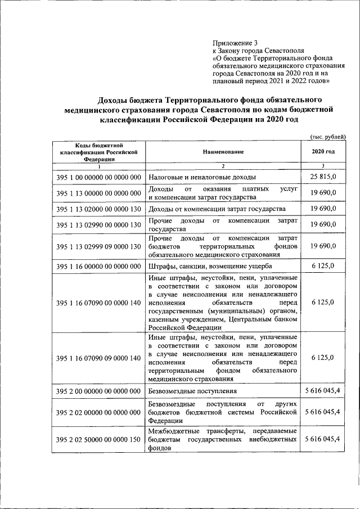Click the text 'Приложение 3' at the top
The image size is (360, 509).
point(235,43)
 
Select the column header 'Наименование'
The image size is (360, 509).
point(223,152)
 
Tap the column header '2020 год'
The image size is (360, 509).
point(322,152)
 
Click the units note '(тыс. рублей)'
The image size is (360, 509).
point(327,137)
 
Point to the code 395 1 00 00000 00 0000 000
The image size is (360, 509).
point(98,177)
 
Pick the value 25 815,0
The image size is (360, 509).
point(322,177)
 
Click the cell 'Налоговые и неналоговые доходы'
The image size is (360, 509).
point(197,178)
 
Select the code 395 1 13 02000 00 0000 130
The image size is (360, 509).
point(98,209)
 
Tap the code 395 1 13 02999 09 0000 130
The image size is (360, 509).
point(98,246)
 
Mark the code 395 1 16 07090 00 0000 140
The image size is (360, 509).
point(98,303)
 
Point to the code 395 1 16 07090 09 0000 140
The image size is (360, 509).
point(98,358)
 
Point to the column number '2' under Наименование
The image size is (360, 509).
point(223,166)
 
